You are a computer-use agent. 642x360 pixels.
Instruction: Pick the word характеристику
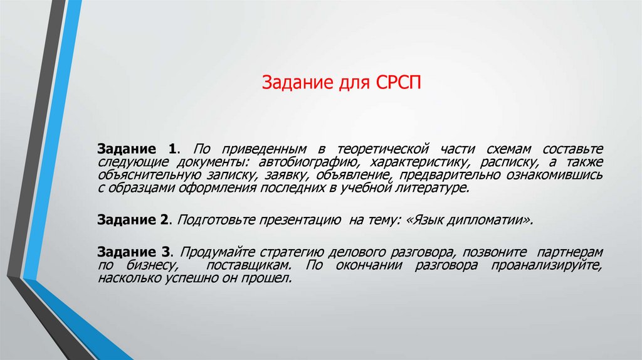point(404,162)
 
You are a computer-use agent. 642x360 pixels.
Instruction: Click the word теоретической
point(383,149)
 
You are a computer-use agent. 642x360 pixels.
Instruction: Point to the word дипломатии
point(490,220)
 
